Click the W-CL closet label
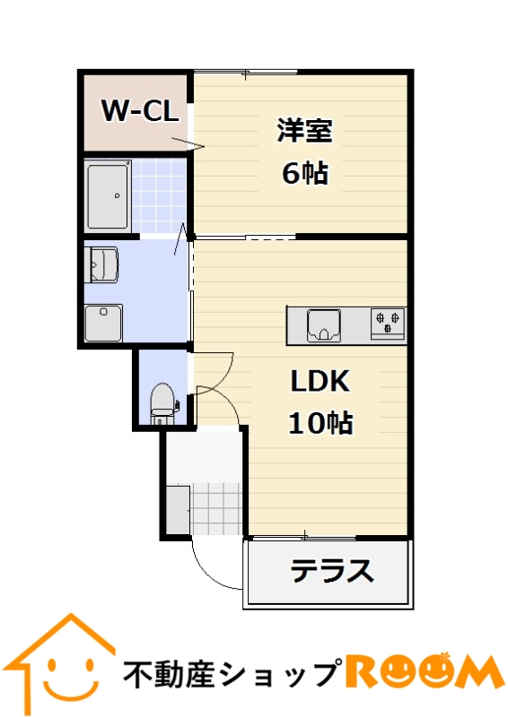[x=139, y=110]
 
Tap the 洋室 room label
[x=304, y=131]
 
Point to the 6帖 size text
[x=304, y=173]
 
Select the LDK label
[x=320, y=380]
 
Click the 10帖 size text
[x=320, y=422]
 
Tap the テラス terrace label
[x=332, y=570]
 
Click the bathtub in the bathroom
[x=109, y=196]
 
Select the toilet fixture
[x=162, y=403]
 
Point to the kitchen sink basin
[x=324, y=325]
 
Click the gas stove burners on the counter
[x=388, y=323]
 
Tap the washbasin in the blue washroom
[x=101, y=264]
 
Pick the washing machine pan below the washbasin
[x=103, y=323]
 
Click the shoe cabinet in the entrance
[x=178, y=510]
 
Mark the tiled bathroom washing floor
[x=159, y=196]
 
